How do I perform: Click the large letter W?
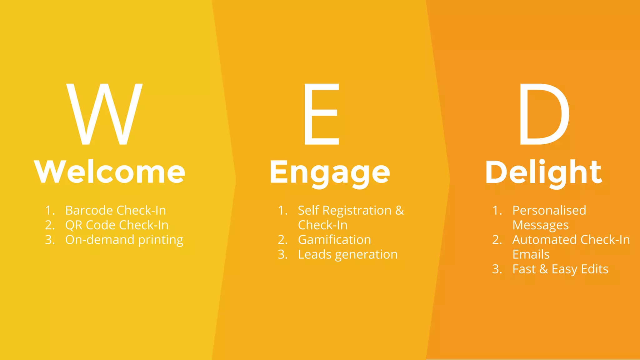(x=104, y=114)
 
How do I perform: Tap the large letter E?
(x=321, y=114)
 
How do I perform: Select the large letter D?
(x=544, y=114)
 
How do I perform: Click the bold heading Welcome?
(x=110, y=172)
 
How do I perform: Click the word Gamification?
(x=334, y=240)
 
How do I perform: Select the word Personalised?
(x=549, y=210)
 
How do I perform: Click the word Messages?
(x=540, y=225)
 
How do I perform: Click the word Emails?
(x=531, y=254)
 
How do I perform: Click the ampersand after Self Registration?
(x=400, y=211)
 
